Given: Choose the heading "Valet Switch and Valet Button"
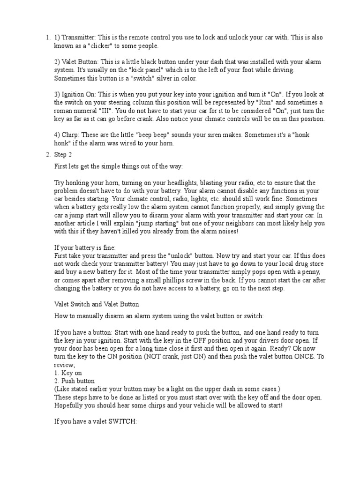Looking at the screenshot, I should pyautogui.click(x=97, y=304).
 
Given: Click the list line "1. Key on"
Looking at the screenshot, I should pyautogui.click(x=68, y=373).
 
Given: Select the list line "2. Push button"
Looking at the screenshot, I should pyautogui.click(x=75, y=381).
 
